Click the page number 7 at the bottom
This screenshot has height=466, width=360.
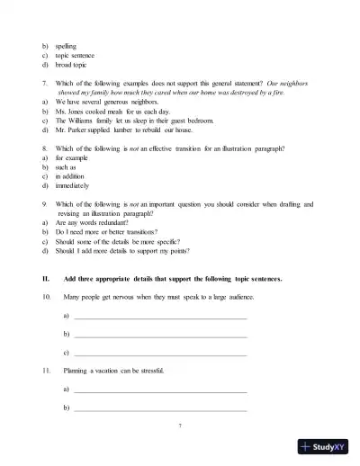tap(180, 424)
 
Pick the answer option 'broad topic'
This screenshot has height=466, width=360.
tap(73, 65)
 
